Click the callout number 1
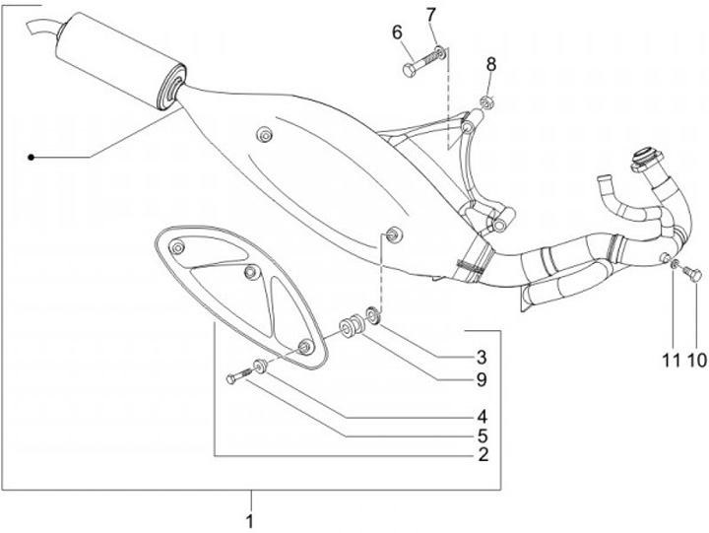pos(250,519)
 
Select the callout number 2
pos(483,454)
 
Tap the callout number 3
pos(483,356)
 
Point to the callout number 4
pos(483,415)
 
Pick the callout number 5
pos(483,434)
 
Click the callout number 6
pos(398,33)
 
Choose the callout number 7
pos(431,14)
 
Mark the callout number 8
pos(491,65)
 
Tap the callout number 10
pos(696,361)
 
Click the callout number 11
pos(671,361)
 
